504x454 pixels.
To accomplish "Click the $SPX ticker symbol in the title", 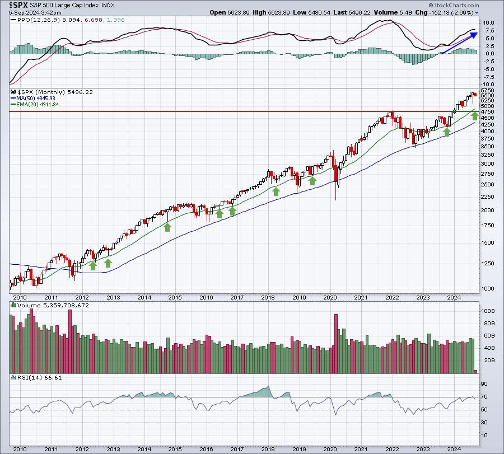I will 18,4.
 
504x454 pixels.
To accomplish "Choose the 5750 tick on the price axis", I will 488,90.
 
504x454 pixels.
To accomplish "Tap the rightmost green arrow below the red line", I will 474,115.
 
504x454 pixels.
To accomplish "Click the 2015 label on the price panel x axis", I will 175,298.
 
